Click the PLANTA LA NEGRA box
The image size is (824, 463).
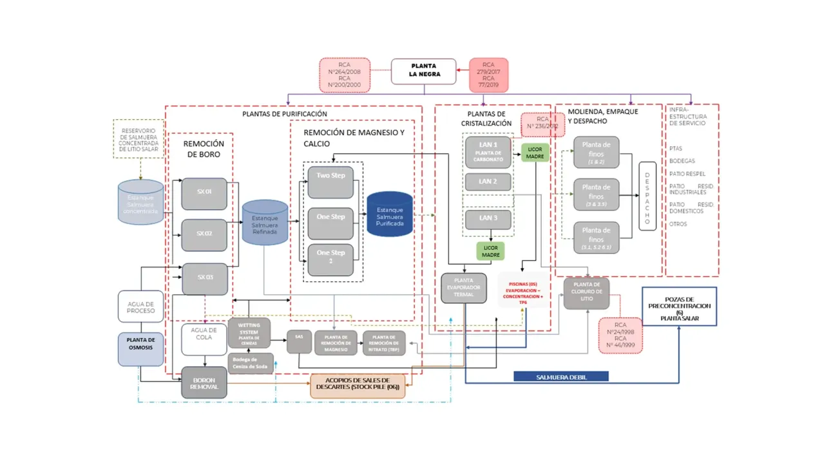(424, 71)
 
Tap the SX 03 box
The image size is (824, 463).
(204, 278)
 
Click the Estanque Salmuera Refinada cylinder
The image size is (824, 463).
(265, 223)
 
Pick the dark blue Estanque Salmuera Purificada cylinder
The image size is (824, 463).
(390, 214)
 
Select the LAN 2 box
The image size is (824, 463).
(488, 182)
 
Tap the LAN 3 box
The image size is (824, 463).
(488, 219)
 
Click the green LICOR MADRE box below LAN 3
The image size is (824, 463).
(491, 251)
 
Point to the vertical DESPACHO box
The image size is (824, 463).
(647, 196)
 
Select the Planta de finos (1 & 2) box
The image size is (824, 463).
(596, 153)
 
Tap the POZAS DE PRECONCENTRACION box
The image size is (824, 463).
(679, 307)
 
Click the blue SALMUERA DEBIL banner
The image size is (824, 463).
(561, 377)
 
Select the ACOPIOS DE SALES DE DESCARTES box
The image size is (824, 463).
(358, 386)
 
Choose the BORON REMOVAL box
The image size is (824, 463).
(204, 383)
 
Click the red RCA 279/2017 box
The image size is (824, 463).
(488, 75)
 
